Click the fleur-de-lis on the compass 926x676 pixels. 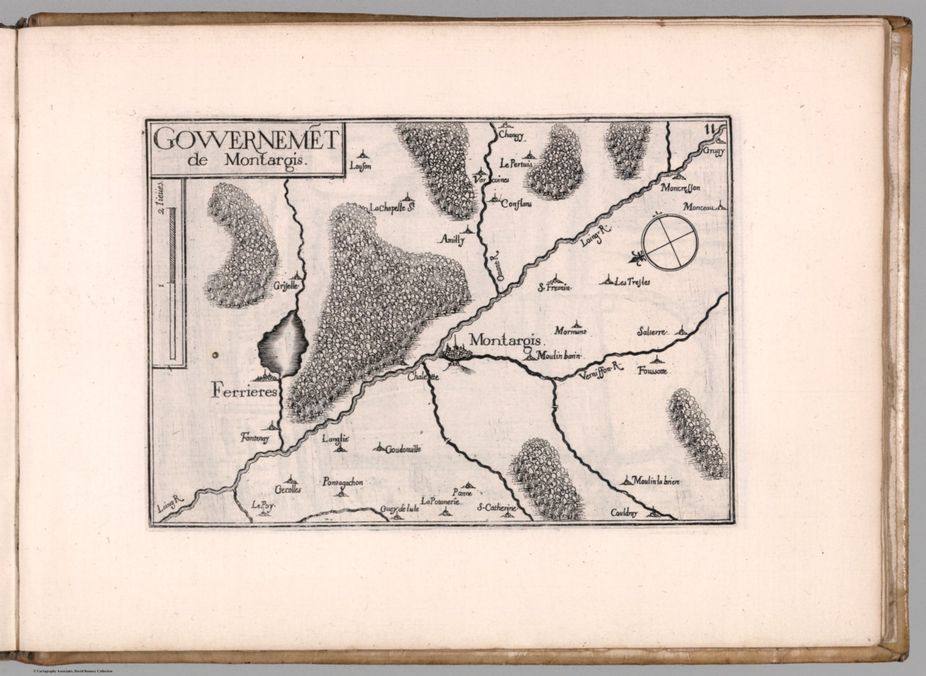tap(635, 258)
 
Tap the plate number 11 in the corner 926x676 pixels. tap(710, 128)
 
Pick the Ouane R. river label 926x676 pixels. tap(496, 266)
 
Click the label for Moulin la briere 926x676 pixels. tap(656, 481)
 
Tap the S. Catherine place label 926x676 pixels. tap(497, 509)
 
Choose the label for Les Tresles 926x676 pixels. tap(632, 282)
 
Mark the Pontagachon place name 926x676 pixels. tap(342, 483)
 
